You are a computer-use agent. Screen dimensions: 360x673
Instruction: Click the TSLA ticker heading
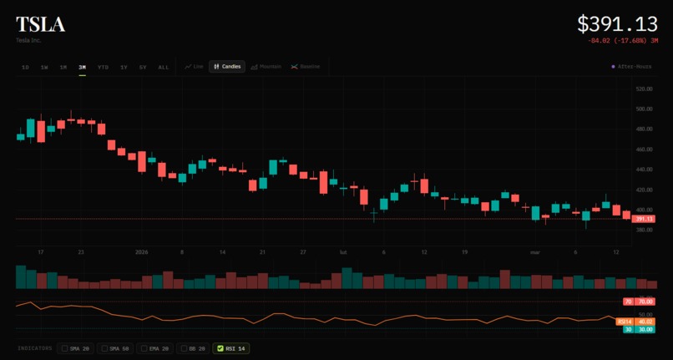point(40,24)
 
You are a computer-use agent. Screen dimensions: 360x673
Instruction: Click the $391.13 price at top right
point(616,24)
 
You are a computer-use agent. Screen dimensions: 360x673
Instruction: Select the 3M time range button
point(82,67)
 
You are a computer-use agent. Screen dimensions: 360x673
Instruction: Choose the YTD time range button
point(103,67)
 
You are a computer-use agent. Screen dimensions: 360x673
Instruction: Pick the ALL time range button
point(163,67)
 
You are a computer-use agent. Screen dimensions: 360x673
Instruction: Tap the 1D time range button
point(25,67)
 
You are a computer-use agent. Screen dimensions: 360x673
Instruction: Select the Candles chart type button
point(227,67)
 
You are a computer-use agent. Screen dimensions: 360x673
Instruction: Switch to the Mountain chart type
point(266,67)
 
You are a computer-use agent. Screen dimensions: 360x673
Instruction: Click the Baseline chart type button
point(306,67)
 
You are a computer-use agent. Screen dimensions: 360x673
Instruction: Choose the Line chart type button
point(194,67)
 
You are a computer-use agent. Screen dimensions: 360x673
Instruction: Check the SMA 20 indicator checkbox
point(76,348)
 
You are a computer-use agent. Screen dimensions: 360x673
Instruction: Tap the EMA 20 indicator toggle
point(155,348)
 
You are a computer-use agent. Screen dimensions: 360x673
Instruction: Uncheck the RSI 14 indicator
point(233,348)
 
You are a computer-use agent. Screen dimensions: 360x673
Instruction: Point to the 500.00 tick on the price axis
point(644,109)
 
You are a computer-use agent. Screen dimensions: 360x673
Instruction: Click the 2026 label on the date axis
point(142,251)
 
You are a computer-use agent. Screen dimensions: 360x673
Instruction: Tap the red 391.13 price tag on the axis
point(644,219)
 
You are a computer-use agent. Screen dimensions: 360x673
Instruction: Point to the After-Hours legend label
point(633,67)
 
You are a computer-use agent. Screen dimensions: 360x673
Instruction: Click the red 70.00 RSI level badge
point(644,302)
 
